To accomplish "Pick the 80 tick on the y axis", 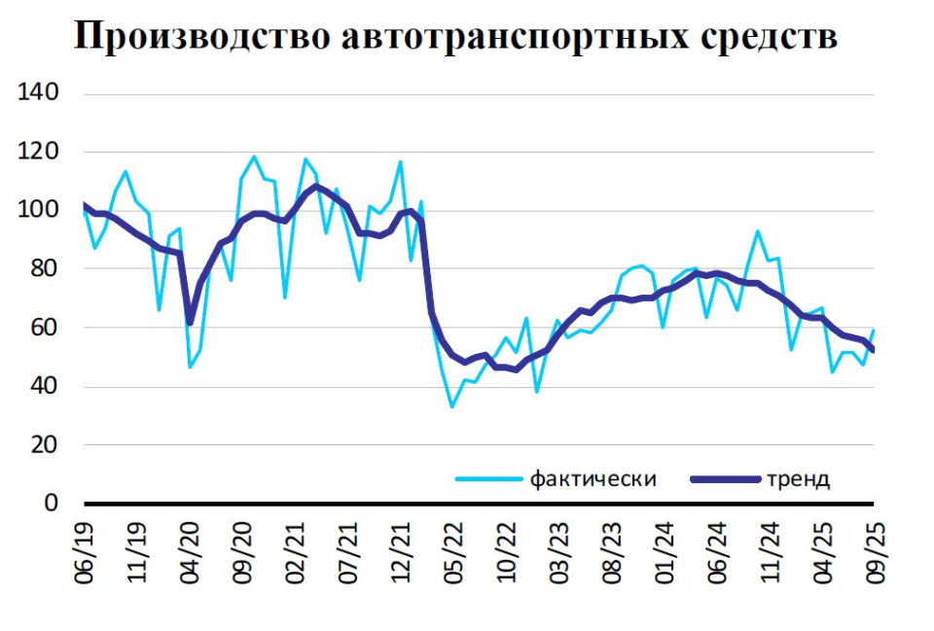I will pyautogui.click(x=46, y=269).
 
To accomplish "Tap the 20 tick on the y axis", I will pyautogui.click(x=46, y=445).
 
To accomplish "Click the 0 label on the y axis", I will pyautogui.click(x=53, y=504).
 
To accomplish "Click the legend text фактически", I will pyautogui.click(x=593, y=479).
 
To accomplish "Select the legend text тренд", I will pyautogui.click(x=798, y=479).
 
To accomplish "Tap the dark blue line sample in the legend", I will pyautogui.click(x=723, y=479).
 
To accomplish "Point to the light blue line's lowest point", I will pyautogui.click(x=452, y=406).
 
